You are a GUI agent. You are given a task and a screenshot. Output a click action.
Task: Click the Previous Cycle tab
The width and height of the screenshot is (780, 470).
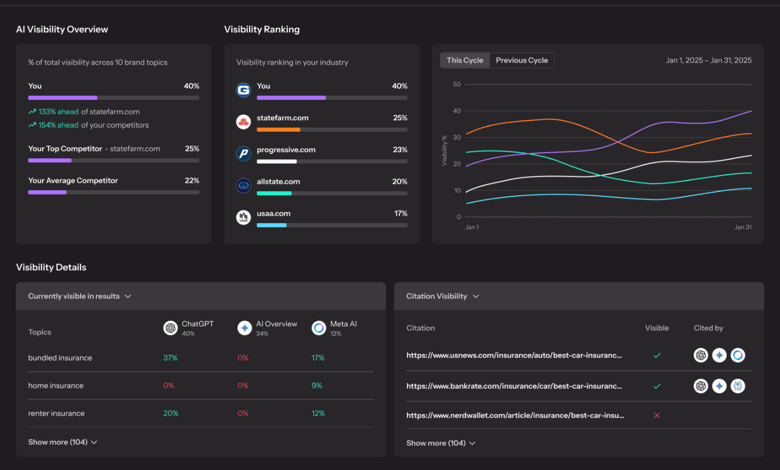[x=522, y=60]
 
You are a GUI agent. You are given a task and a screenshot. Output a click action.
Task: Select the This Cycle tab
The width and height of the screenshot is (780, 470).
[x=464, y=60]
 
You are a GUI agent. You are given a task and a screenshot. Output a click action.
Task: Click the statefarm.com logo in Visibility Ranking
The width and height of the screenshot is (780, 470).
[x=244, y=121]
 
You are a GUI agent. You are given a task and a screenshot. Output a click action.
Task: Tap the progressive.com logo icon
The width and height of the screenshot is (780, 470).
[x=244, y=153]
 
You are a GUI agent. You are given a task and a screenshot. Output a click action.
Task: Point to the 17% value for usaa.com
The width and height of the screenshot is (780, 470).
[x=401, y=213]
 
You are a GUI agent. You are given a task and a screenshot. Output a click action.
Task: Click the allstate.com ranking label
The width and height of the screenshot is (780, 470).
[x=278, y=182]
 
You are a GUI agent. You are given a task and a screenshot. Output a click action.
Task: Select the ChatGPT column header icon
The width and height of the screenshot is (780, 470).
[x=170, y=328]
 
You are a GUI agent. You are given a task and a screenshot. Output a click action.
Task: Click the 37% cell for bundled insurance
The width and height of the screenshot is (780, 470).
[x=170, y=358]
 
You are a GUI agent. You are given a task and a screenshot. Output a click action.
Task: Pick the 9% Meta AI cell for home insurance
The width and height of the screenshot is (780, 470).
[x=317, y=385]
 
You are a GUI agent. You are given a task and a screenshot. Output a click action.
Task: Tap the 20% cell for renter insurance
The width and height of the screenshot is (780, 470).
[x=170, y=413]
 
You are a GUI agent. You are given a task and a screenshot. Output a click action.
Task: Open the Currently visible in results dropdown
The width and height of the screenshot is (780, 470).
[x=79, y=296]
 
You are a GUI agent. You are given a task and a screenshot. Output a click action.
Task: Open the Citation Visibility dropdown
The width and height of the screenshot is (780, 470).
[x=443, y=296]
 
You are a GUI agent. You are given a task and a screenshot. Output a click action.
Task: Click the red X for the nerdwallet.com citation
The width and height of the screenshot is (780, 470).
[x=657, y=416]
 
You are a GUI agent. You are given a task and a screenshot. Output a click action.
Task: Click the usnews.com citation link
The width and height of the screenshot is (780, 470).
[x=514, y=355]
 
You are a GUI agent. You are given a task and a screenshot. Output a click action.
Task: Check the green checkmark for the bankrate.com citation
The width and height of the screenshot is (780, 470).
[x=657, y=386]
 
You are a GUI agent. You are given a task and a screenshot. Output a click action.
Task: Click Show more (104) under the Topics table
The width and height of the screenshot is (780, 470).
[x=62, y=442]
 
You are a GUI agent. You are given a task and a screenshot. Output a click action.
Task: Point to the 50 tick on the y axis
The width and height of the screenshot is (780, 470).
[x=457, y=85]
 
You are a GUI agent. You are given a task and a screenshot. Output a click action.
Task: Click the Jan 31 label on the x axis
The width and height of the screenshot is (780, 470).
[x=743, y=227]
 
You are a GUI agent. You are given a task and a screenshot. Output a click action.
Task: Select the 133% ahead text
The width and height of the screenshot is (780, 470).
[x=58, y=112]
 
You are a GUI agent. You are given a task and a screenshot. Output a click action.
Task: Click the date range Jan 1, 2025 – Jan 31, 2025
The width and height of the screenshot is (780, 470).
[x=708, y=60]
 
